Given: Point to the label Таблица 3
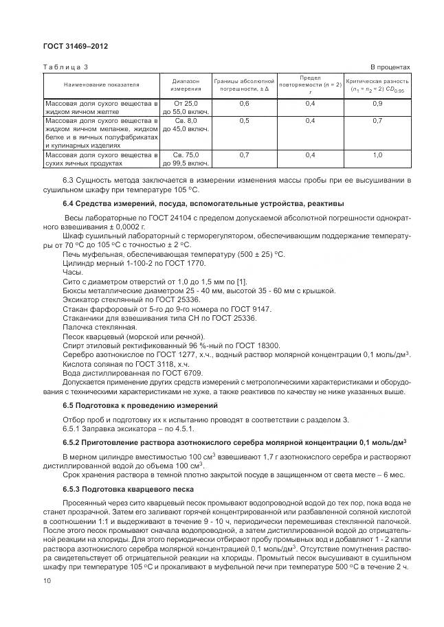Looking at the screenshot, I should [66, 67].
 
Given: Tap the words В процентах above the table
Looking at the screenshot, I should [390, 67].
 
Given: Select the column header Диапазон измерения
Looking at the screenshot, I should [186, 84].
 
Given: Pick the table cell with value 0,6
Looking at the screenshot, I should [244, 103].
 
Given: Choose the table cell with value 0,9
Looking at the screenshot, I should [377, 103].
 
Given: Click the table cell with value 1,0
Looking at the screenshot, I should [377, 155].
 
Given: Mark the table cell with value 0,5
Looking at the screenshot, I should [244, 120].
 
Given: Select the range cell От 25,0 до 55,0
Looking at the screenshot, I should [186, 107].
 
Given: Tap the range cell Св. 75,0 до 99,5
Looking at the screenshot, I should [186, 159].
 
